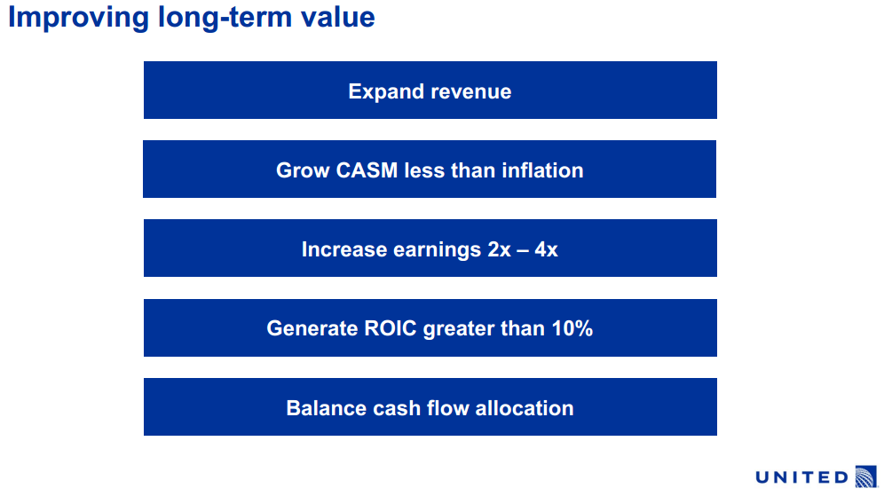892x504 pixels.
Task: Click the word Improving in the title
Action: pyautogui.click(x=78, y=18)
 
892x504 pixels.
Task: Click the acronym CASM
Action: pyautogui.click(x=367, y=170)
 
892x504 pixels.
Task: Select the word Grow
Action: pyautogui.click(x=303, y=170)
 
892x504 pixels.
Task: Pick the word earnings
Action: pyautogui.click(x=437, y=250)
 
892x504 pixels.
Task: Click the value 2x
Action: pyautogui.click(x=499, y=249)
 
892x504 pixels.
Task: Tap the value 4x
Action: pyautogui.click(x=546, y=249)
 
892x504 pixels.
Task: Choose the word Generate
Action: pyautogui.click(x=312, y=328)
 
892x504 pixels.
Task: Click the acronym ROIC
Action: pyautogui.click(x=391, y=328)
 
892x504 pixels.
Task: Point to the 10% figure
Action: pyautogui.click(x=572, y=328)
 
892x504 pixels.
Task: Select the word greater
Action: pyautogui.click(x=459, y=329)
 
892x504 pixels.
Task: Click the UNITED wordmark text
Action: pyautogui.click(x=802, y=477)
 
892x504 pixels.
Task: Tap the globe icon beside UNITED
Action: pyautogui.click(x=866, y=476)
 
